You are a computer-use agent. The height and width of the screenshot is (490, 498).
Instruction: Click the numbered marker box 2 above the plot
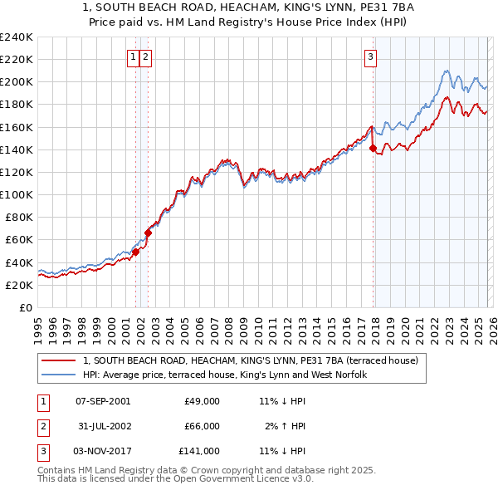click(145, 57)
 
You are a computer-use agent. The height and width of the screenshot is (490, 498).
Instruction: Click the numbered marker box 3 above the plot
click(370, 57)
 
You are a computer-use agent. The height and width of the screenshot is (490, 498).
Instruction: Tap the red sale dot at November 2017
click(373, 149)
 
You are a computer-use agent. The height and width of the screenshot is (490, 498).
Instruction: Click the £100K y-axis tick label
click(17, 194)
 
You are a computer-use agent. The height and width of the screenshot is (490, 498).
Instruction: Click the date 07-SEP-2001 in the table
click(103, 401)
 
